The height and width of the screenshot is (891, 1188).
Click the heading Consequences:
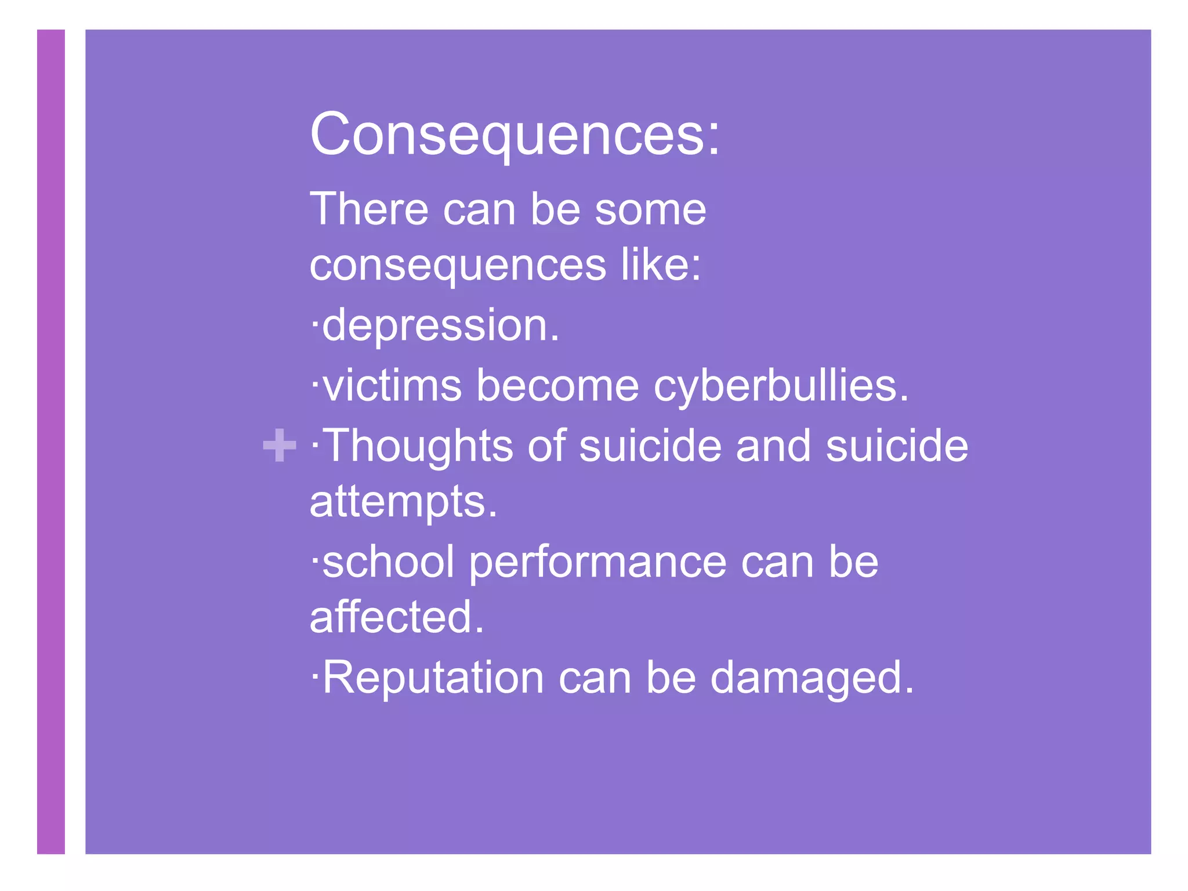[515, 135]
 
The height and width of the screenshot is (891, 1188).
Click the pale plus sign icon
[280, 445]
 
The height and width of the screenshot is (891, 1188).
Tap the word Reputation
[433, 678]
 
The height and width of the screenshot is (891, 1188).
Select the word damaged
[812, 678]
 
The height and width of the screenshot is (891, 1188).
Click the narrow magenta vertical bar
[51, 441]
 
